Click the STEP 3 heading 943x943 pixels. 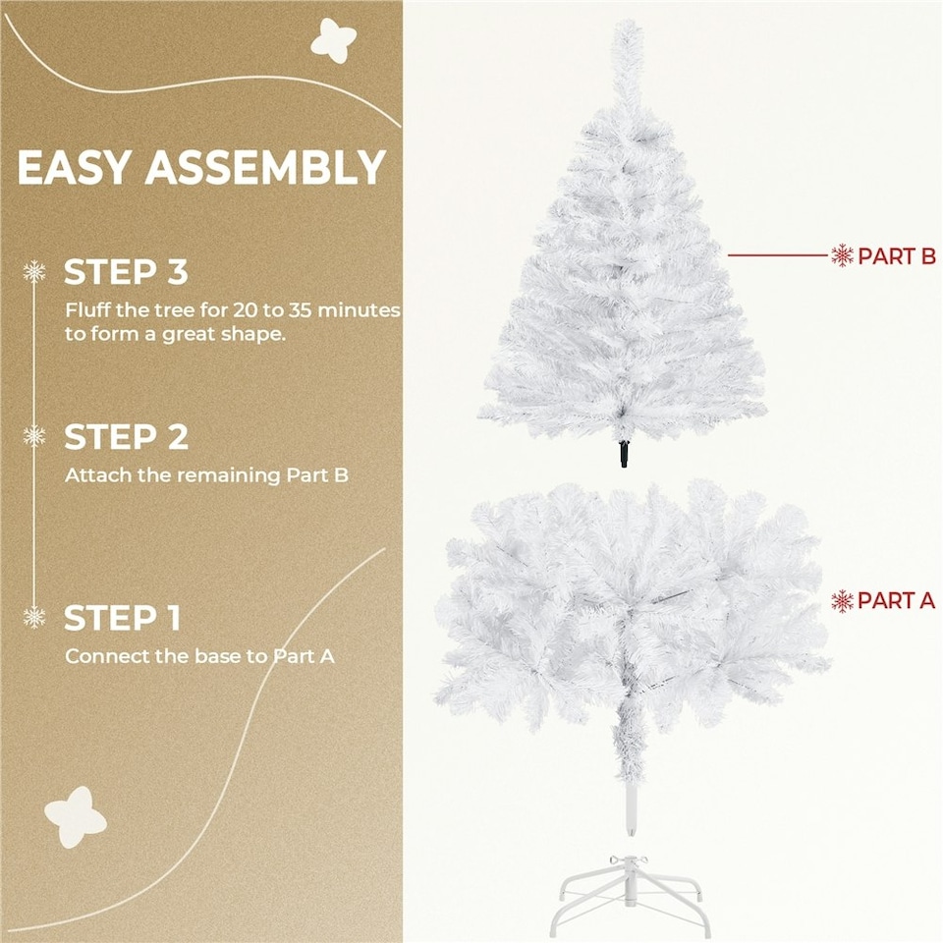click(126, 272)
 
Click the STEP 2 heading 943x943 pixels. click(126, 437)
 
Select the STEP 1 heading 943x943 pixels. click(122, 619)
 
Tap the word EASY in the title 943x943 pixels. click(74, 168)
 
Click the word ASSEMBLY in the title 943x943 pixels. click(265, 168)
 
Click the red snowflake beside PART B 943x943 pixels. click(842, 256)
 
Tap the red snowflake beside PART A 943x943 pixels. click(842, 600)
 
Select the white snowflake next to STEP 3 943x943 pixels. click(34, 272)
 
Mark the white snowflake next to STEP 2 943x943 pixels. click(34, 436)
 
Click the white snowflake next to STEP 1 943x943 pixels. click(34, 618)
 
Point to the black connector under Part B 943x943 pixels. click(623, 454)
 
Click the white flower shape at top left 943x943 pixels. click(333, 40)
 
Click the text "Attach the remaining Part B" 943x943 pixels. click(206, 475)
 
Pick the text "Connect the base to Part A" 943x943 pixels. click(199, 655)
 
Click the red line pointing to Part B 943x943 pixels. click(776, 256)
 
